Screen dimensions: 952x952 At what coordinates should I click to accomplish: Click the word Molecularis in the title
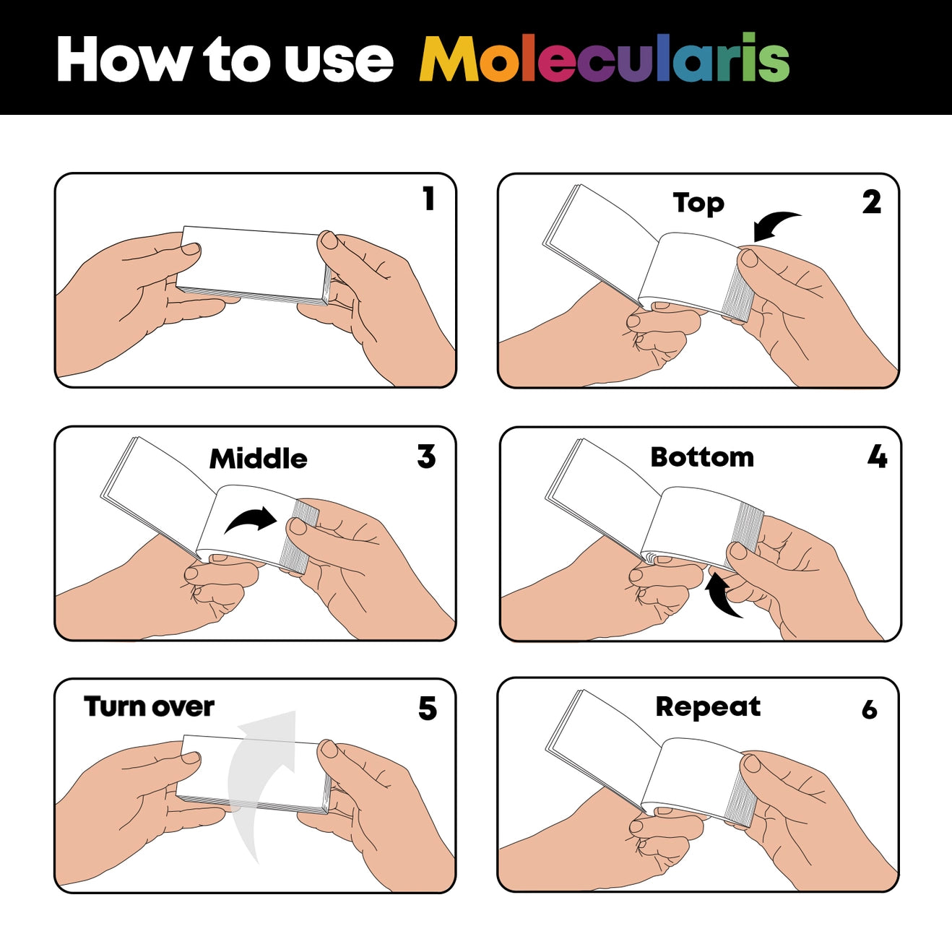click(604, 59)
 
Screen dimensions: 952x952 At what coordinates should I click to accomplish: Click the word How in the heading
click(124, 59)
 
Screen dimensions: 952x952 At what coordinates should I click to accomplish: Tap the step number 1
click(429, 199)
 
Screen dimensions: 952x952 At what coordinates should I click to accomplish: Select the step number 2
click(872, 202)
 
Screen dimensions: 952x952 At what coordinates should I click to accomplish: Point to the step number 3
click(427, 456)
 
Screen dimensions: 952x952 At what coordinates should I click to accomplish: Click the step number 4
click(877, 456)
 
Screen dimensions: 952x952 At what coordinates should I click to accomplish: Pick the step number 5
click(428, 709)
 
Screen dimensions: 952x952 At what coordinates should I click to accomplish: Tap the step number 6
click(870, 710)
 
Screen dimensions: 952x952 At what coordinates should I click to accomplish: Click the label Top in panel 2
click(698, 204)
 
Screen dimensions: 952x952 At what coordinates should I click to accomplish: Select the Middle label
click(258, 459)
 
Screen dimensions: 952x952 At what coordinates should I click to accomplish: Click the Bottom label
click(702, 457)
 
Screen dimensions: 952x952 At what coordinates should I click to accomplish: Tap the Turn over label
click(149, 706)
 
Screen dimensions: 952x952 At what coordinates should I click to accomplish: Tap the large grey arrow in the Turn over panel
click(260, 780)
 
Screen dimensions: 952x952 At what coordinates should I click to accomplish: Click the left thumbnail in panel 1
click(191, 249)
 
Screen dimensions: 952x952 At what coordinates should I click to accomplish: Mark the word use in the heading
click(339, 61)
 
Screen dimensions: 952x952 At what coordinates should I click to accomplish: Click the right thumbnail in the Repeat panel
click(751, 763)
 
